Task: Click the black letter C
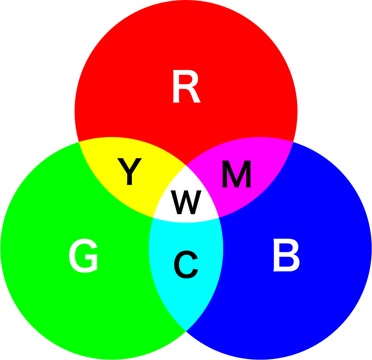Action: coord(186,265)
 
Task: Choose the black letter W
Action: coord(187,202)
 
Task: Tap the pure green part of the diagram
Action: coord(67,303)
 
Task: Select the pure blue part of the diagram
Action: coord(307,303)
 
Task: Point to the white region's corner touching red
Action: coord(186,166)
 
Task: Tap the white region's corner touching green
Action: coord(153,218)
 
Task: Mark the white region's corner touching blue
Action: coord(219,218)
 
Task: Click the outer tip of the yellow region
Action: coord(79,142)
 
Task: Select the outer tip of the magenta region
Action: coord(293,142)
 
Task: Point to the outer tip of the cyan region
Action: coord(186,331)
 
